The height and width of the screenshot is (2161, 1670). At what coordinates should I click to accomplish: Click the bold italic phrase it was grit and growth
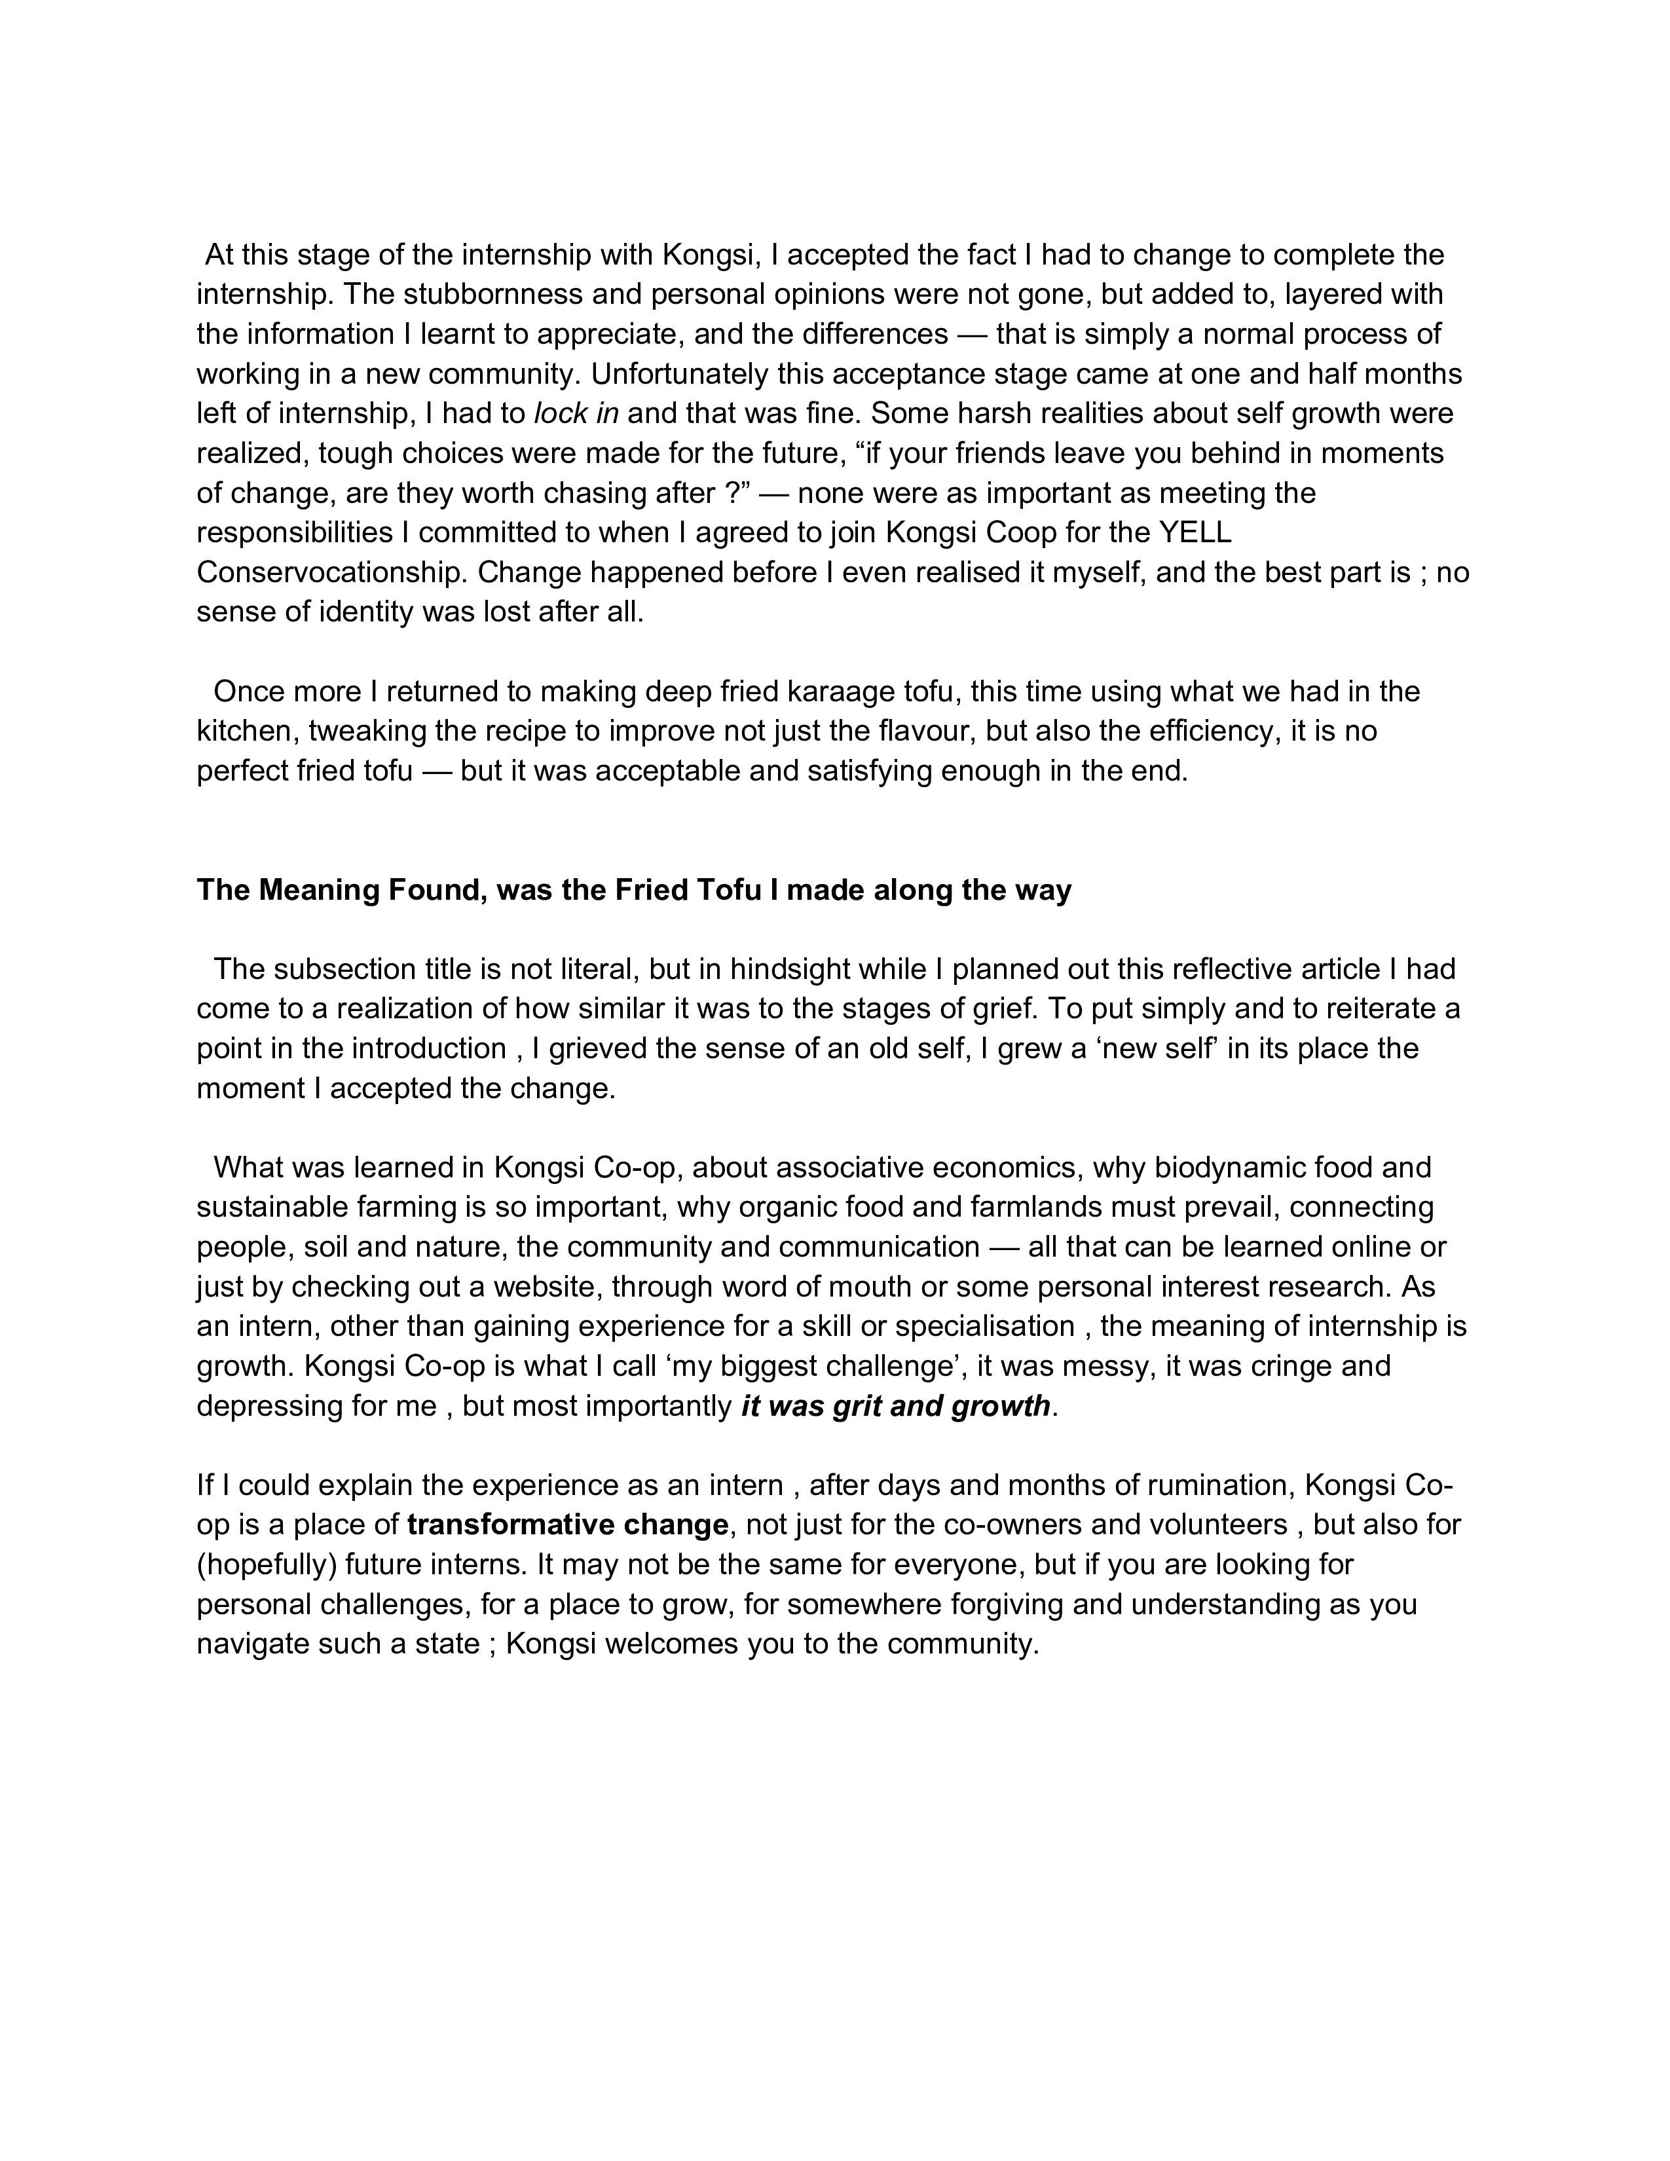click(x=895, y=1406)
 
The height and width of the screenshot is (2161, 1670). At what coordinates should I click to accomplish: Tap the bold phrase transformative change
click(x=568, y=1524)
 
